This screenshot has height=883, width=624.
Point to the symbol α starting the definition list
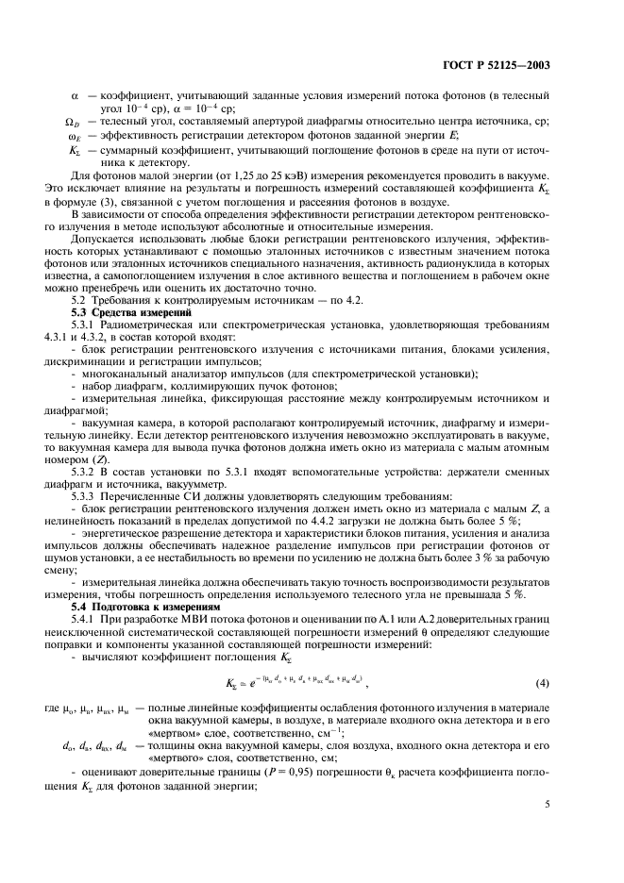pyautogui.click(x=76, y=97)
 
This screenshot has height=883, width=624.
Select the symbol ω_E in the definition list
pyautogui.click(x=74, y=136)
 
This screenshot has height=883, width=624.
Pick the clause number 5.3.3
pyautogui.click(x=87, y=495)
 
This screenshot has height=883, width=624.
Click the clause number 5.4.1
pyautogui.click(x=87, y=620)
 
